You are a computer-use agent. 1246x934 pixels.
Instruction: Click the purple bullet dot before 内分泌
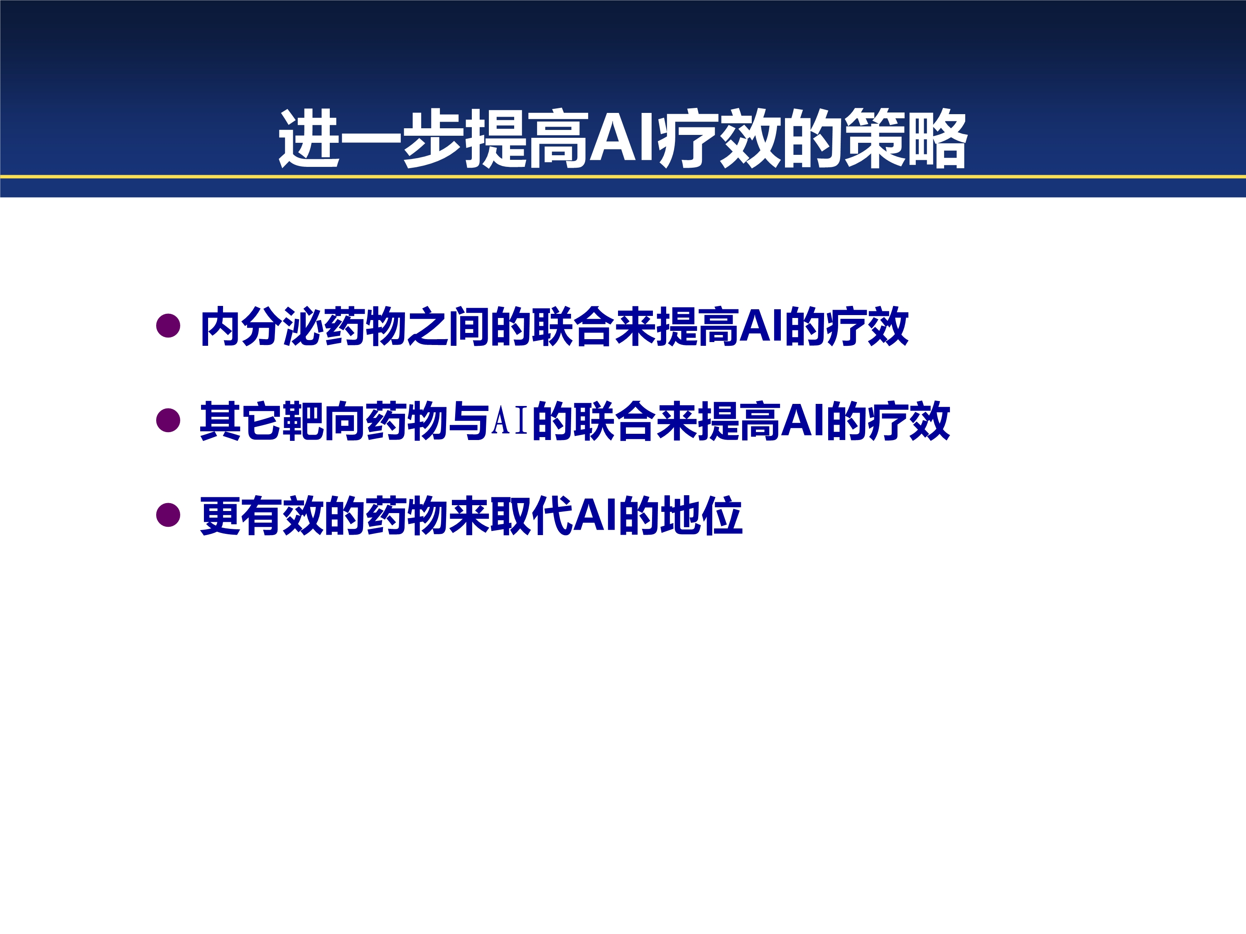click(x=168, y=325)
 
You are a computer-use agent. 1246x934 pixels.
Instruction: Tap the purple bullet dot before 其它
click(x=168, y=420)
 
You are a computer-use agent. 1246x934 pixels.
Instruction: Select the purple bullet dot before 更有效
click(x=168, y=515)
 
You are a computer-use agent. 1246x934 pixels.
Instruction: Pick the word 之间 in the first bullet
click(x=449, y=327)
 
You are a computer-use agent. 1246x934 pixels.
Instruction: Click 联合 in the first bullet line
click(x=572, y=327)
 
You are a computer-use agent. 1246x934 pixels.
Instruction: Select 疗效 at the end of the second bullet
click(x=909, y=421)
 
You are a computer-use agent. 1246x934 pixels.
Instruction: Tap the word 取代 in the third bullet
click(x=532, y=516)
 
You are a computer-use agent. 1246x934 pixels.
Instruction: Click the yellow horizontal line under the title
click(x=623, y=177)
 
